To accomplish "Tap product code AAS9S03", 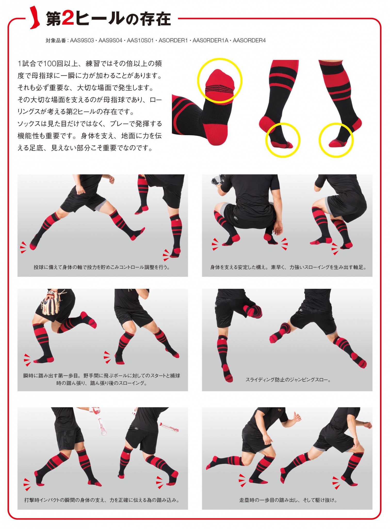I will tap(82, 41).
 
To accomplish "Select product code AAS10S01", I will tap(140, 41).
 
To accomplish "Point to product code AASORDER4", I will tap(249, 41).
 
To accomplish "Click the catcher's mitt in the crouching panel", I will tap(218, 181).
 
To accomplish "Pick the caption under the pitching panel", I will tap(102, 267).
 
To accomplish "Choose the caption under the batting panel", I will tap(102, 500).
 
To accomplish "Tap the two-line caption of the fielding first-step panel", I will tap(102, 379).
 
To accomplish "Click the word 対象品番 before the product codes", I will tap(56, 41).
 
